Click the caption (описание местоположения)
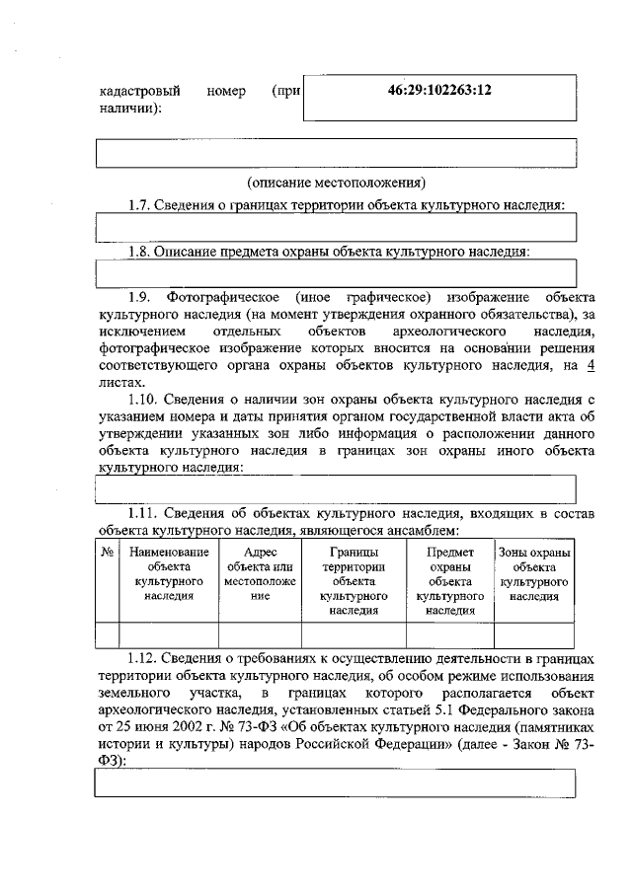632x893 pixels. pos(336,183)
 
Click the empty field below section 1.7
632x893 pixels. pos(336,227)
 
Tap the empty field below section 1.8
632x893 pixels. pos(336,273)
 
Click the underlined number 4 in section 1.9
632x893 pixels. pos(592,365)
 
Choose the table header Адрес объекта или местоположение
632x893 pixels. pos(259,574)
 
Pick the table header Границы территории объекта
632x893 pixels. pos(354,581)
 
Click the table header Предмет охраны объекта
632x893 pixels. pos(449,581)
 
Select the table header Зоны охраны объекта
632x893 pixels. pos(534,574)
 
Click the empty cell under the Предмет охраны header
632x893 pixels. pos(449,633)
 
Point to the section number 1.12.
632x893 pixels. pos(145,658)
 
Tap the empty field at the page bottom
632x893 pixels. pos(336,781)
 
